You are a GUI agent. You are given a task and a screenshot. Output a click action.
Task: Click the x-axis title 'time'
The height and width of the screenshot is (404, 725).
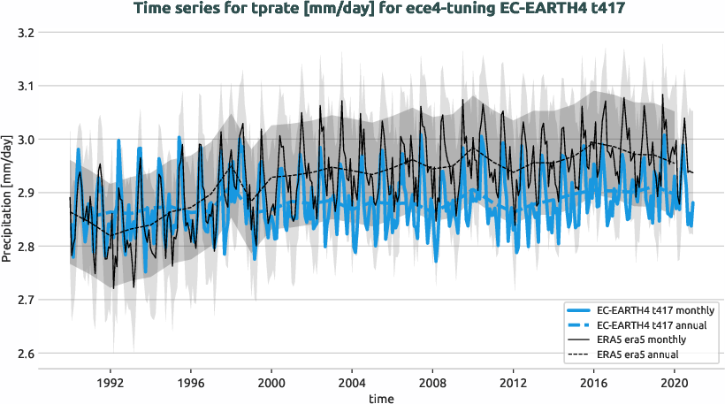381,399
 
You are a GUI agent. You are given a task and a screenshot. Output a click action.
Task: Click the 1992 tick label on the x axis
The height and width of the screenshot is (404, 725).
110,383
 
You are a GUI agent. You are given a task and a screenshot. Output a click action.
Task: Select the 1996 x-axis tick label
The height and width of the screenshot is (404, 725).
191,383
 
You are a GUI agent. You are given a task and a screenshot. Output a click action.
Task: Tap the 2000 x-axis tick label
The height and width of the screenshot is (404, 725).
271,383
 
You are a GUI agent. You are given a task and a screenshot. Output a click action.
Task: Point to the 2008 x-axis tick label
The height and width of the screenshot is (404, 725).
433,383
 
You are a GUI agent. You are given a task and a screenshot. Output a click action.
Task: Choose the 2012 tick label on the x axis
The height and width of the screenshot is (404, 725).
514,383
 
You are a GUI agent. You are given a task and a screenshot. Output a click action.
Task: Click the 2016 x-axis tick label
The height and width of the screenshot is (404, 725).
594,383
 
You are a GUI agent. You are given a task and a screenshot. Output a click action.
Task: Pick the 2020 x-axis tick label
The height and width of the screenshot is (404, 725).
675,383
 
